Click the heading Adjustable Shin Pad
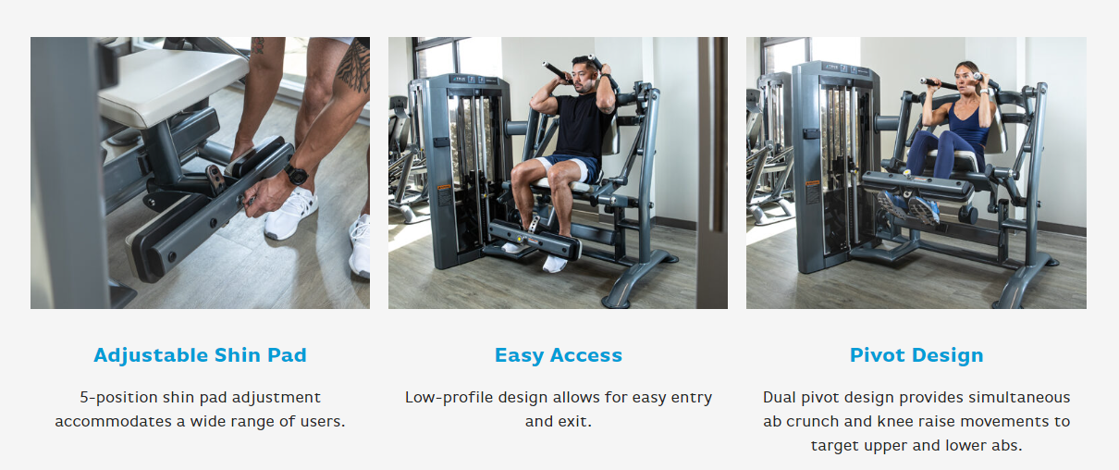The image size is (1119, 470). (200, 355)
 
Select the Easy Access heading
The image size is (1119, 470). (558, 355)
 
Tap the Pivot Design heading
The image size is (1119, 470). (916, 355)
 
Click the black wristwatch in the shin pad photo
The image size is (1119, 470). (296, 174)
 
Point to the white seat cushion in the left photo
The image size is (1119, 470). (170, 85)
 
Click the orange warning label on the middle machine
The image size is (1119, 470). (443, 195)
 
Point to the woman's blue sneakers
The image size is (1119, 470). (909, 206)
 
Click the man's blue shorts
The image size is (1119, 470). (574, 167)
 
